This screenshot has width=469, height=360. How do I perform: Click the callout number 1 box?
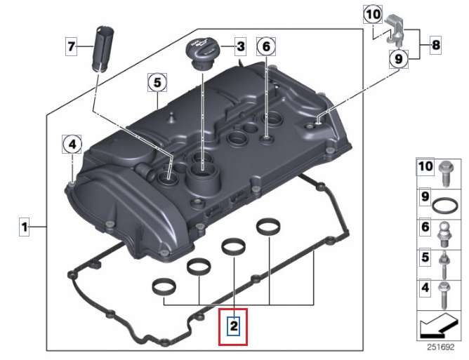click(24, 227)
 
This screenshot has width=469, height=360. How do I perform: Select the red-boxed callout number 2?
click(233, 326)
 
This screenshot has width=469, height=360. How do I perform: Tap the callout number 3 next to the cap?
click(239, 47)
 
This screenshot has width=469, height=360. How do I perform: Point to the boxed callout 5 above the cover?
click(157, 83)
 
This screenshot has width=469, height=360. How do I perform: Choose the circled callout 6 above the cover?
click(266, 47)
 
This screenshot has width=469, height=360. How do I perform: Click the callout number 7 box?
click(71, 47)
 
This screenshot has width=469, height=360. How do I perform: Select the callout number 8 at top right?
click(435, 46)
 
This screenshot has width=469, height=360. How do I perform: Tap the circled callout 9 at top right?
click(397, 60)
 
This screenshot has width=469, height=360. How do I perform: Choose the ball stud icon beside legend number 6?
click(445, 230)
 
